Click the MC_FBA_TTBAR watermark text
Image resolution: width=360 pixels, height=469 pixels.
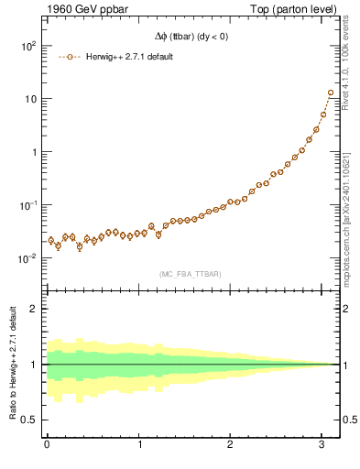tap(191, 274)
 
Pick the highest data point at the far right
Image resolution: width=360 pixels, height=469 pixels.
tap(331, 93)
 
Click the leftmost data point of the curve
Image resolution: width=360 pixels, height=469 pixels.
tap(51, 240)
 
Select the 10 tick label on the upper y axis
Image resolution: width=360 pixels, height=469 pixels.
tap(29, 99)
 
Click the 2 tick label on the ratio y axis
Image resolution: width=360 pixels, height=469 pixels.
tap(33, 309)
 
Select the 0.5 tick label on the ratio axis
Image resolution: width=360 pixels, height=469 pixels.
tap(29, 420)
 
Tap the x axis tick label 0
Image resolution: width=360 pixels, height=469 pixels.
tap(47, 445)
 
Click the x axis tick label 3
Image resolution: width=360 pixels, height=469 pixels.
tap(323, 445)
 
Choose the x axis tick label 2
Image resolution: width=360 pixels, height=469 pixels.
tap(231, 445)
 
